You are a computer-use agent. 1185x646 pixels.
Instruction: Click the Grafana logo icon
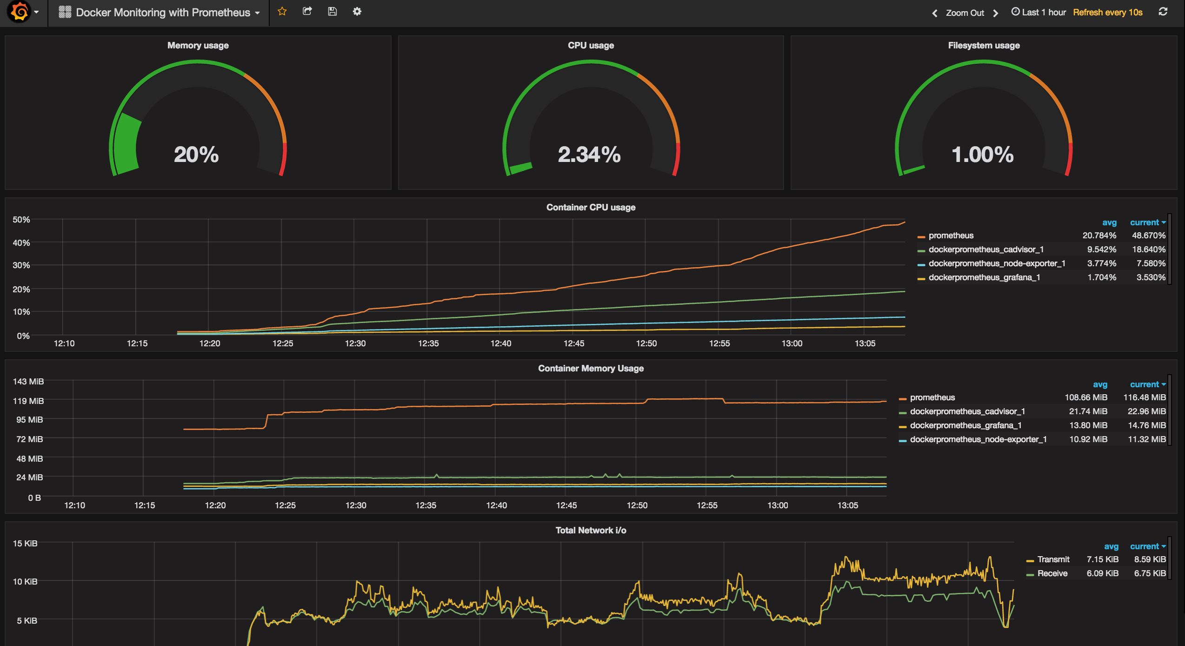coord(19,12)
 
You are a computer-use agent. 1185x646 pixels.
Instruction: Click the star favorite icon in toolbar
coord(282,12)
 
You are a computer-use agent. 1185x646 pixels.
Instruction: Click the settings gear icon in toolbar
coord(357,12)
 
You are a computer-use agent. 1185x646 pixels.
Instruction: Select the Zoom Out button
coord(965,13)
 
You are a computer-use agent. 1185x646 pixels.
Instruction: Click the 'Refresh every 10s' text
coord(1107,13)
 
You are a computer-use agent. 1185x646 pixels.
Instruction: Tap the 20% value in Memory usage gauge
coord(196,155)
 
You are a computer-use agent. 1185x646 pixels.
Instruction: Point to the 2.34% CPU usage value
coord(589,155)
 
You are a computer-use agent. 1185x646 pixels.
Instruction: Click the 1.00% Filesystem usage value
coord(982,155)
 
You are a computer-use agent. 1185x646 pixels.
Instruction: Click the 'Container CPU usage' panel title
coord(591,207)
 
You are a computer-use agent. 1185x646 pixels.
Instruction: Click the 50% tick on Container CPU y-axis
coord(21,219)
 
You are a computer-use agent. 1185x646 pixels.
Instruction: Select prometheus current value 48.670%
coord(1148,236)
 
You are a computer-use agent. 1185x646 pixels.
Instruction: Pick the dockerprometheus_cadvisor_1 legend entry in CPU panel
coord(985,249)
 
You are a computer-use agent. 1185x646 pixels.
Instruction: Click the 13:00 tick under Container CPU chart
coord(792,343)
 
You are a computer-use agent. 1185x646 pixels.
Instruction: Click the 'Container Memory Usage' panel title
coord(591,368)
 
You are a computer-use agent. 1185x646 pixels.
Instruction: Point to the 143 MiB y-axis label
coord(28,381)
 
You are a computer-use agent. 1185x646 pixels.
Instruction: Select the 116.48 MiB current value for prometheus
coord(1144,397)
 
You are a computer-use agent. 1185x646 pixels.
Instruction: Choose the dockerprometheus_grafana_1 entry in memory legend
coord(965,425)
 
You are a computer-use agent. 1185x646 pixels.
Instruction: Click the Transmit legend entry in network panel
coord(1053,559)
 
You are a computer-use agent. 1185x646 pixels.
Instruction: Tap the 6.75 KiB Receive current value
coord(1149,573)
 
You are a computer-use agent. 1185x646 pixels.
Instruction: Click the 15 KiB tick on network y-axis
coord(25,543)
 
